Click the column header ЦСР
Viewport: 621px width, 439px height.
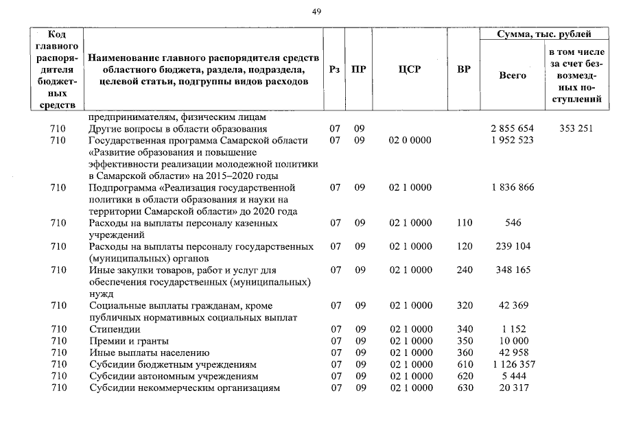pyautogui.click(x=410, y=70)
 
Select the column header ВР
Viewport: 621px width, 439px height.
pyautogui.click(x=464, y=70)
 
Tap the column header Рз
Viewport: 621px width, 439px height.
pyautogui.click(x=334, y=70)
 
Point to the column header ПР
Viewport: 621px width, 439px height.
pyautogui.click(x=358, y=70)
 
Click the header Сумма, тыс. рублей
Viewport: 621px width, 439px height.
pyautogui.click(x=545, y=34)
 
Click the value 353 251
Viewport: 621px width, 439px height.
pyautogui.click(x=576, y=128)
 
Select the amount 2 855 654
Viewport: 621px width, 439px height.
pyautogui.click(x=512, y=128)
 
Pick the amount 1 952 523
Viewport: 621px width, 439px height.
pyautogui.click(x=512, y=141)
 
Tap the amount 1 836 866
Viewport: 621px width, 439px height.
pyautogui.click(x=512, y=187)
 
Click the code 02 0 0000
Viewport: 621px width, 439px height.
pyautogui.click(x=410, y=141)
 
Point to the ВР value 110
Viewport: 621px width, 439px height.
pyautogui.click(x=465, y=223)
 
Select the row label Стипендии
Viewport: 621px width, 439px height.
pyautogui.click(x=115, y=329)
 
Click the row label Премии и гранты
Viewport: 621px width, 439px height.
pyautogui.click(x=129, y=341)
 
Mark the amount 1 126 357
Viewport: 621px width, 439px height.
pyautogui.click(x=512, y=365)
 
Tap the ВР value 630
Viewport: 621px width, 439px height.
pyautogui.click(x=465, y=389)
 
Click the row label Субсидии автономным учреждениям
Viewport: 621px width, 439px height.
pyautogui.click(x=174, y=377)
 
